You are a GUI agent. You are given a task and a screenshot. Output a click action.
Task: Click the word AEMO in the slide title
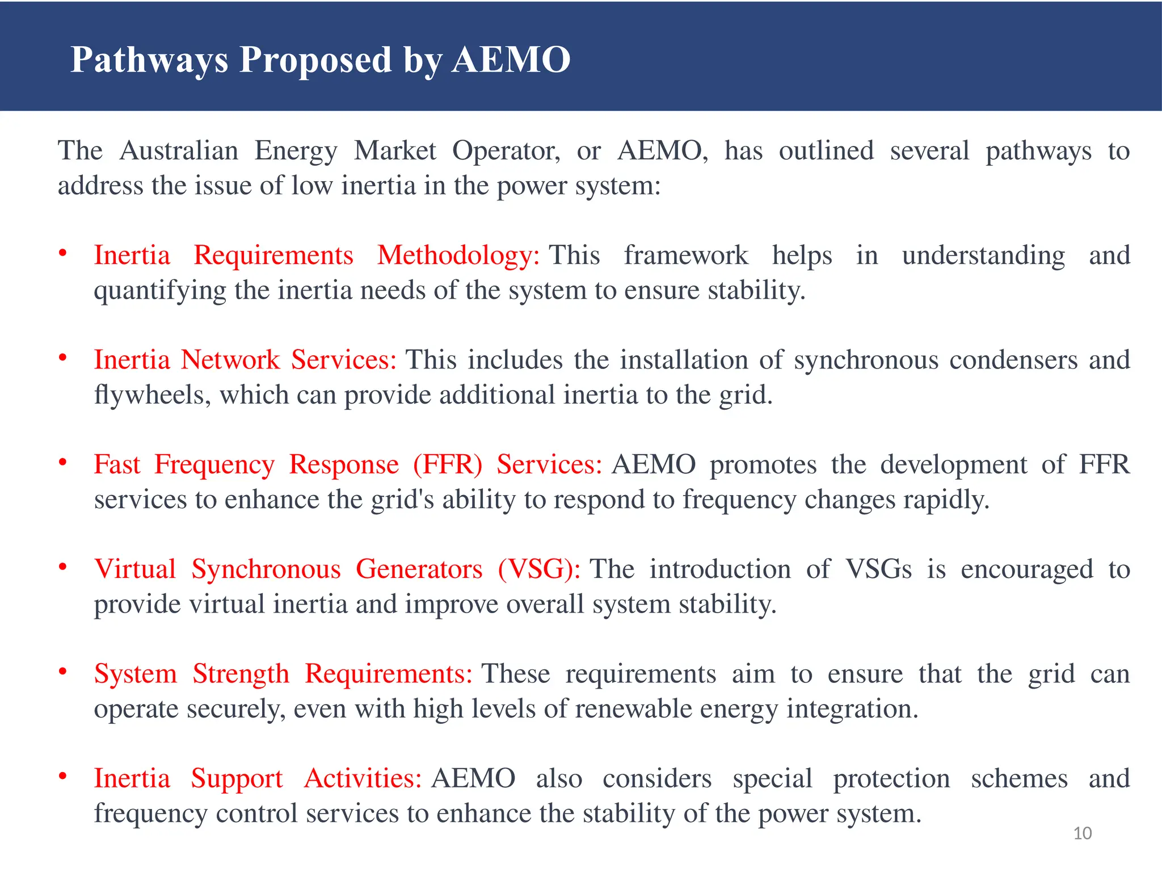point(511,60)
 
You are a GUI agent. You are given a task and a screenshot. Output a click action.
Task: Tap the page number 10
point(1083,833)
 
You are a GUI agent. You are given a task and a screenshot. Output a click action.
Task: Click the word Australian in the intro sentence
point(179,151)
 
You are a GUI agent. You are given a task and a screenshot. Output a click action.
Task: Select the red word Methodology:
point(458,255)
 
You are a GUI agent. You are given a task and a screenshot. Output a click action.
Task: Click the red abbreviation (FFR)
point(447,465)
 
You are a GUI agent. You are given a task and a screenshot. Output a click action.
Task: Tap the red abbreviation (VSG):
point(539,569)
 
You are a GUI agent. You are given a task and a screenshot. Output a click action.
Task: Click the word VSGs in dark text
point(878,569)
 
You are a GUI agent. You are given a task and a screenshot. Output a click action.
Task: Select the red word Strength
point(241,674)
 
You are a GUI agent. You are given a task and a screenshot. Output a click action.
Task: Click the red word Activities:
point(362,779)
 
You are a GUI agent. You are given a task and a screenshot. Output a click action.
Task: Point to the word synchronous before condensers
point(866,360)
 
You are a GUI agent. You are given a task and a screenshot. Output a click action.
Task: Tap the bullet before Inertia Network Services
point(63,358)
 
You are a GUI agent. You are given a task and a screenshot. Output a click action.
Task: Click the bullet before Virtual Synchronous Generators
point(63,567)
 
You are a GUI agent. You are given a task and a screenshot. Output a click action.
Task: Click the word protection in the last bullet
point(891,779)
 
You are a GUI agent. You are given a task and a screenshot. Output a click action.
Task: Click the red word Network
point(230,360)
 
